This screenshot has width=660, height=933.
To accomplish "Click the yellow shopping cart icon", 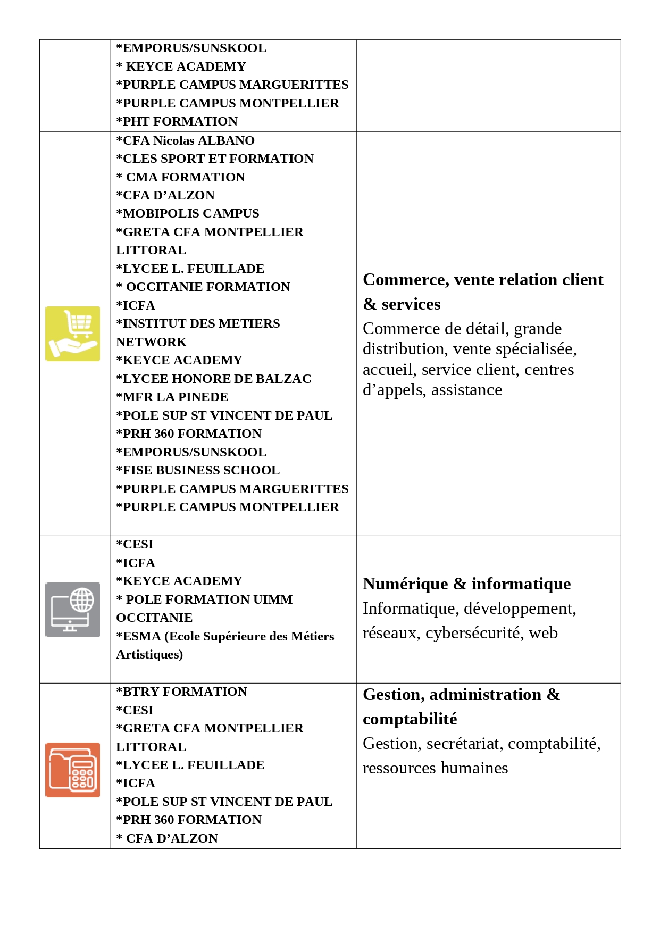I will (72, 334).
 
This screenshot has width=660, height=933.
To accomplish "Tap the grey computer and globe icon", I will (72, 609).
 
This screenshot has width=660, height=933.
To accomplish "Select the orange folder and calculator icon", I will (72, 769).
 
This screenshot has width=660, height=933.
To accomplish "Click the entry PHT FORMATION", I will (177, 121).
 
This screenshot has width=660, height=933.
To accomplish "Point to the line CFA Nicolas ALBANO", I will (186, 140).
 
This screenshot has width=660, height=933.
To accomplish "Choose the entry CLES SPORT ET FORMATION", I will (215, 159).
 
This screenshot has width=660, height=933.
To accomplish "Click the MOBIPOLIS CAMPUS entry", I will (188, 213).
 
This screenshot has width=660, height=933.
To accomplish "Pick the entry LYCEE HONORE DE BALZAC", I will (214, 379).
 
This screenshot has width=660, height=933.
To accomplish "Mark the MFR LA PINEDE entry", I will (172, 397).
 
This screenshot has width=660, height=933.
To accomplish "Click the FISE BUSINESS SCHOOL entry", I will (198, 470).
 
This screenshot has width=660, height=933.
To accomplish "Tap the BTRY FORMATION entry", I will (182, 692).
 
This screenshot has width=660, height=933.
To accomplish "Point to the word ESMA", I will (141, 636).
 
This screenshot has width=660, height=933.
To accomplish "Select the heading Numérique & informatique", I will (466, 584).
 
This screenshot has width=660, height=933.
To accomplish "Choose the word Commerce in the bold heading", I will (404, 279).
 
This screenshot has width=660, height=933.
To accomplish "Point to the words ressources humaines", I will (435, 768).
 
